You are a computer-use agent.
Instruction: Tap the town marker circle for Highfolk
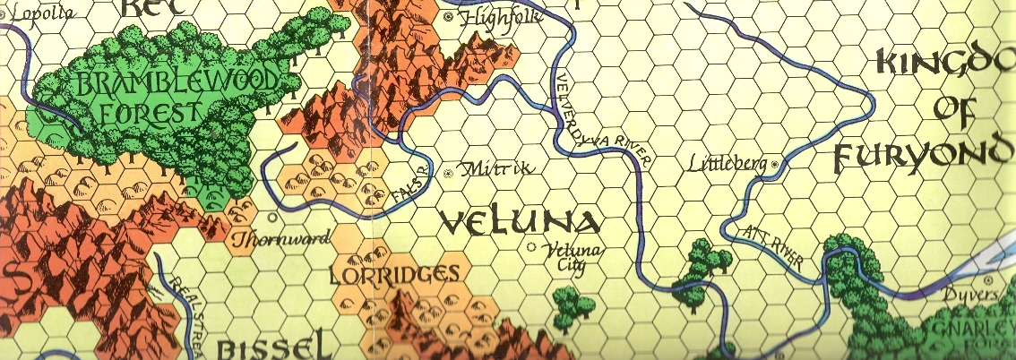tap(449, 16)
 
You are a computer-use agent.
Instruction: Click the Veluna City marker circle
tap(532, 247)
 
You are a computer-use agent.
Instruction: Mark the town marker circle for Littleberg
tap(776, 163)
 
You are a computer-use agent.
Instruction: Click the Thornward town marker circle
tap(271, 216)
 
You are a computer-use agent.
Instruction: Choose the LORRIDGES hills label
tap(394, 275)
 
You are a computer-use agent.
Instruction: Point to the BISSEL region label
tap(269, 347)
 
